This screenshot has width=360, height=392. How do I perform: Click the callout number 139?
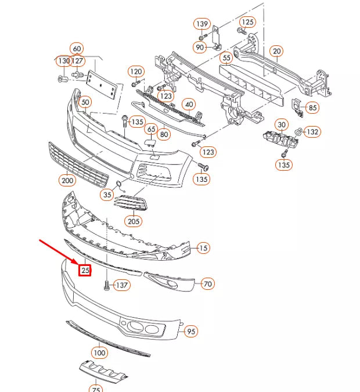pyautogui.click(x=201, y=24)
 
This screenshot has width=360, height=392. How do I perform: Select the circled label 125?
pyautogui.click(x=247, y=22)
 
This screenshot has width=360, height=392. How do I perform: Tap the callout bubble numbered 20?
pyautogui.click(x=276, y=52)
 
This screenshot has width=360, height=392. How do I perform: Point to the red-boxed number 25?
pyautogui.click(x=85, y=270)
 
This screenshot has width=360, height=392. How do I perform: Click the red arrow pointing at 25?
pyautogui.click(x=59, y=253)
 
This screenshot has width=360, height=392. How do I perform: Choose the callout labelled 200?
pyautogui.click(x=67, y=181)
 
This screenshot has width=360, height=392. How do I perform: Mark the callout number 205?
pyautogui.click(x=134, y=221)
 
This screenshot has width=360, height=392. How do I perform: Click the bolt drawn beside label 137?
pyautogui.click(x=106, y=285)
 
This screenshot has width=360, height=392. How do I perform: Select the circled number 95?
pyautogui.click(x=191, y=332)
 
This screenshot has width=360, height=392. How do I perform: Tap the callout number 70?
pyautogui.click(x=207, y=284)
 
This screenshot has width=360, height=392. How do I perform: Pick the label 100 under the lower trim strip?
pyautogui.click(x=99, y=353)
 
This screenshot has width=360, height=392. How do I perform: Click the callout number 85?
pyautogui.click(x=312, y=107)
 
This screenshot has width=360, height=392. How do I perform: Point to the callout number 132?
pyautogui.click(x=312, y=132)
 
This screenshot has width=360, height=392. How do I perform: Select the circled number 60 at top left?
pyautogui.click(x=77, y=48)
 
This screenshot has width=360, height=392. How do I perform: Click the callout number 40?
pyautogui.click(x=189, y=104)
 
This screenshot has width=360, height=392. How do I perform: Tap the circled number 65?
pyautogui.click(x=151, y=129)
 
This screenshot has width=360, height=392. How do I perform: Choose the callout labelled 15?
pyautogui.click(x=202, y=248)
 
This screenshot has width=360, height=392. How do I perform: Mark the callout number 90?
pyautogui.click(x=200, y=46)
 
